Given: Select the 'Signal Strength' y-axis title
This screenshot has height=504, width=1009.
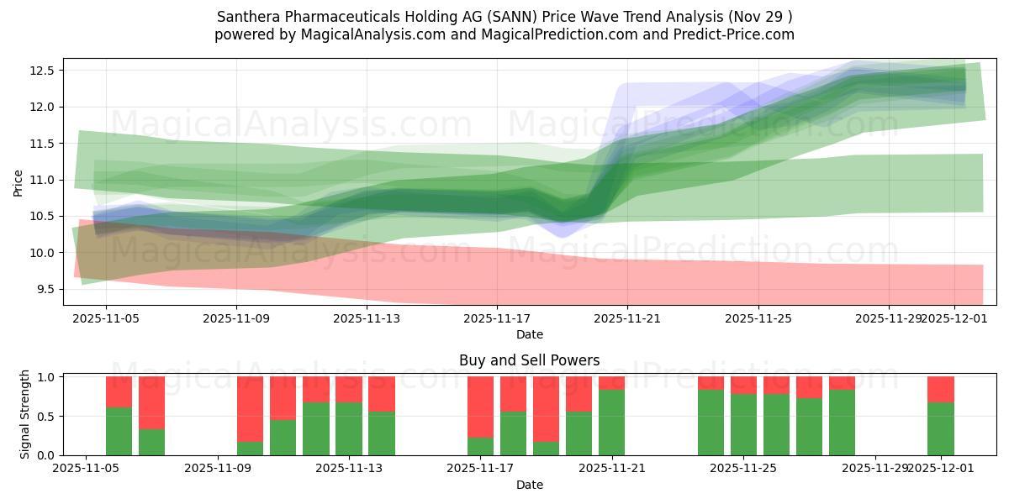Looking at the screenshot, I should pos(24,414).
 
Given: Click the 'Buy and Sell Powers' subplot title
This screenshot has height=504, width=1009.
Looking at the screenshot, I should pos(529,360).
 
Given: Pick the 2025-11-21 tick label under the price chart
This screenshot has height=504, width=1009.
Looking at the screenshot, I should pos(627,318).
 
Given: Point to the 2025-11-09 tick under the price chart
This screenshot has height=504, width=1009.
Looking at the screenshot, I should pos(236,318).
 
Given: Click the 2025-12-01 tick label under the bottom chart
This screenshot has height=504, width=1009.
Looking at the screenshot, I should pos(941,469).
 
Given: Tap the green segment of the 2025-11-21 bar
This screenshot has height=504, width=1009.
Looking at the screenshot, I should pos(611,423).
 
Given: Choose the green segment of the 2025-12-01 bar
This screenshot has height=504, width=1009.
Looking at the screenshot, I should pos(941,428).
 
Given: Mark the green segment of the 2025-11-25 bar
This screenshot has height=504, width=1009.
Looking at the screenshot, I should pos(743,424).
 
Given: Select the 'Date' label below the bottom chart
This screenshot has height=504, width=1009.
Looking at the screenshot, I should pos(529,485).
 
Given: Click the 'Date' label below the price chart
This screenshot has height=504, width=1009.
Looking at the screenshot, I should pos(529,334).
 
